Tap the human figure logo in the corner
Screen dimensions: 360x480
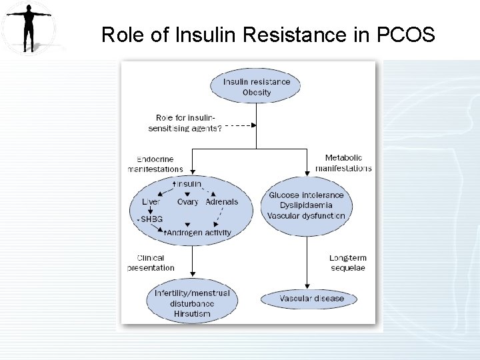coord(28,28)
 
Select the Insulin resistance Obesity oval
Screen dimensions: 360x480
coord(256,87)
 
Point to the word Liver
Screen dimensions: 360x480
coord(151,201)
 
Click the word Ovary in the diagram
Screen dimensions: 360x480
coord(188,201)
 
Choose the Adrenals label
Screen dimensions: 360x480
coord(222,201)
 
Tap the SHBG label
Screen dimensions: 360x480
coord(151,219)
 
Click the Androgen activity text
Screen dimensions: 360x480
coord(199,233)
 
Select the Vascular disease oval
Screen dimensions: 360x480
coord(308,299)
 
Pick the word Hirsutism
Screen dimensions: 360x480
coord(192,313)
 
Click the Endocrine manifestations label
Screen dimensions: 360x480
coord(156,164)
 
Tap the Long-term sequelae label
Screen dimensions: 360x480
coord(347,263)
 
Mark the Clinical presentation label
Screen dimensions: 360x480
coord(151,263)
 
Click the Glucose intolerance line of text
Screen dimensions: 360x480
coord(307,195)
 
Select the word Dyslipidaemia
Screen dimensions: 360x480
coord(307,205)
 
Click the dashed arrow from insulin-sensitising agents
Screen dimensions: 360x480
coord(240,125)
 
